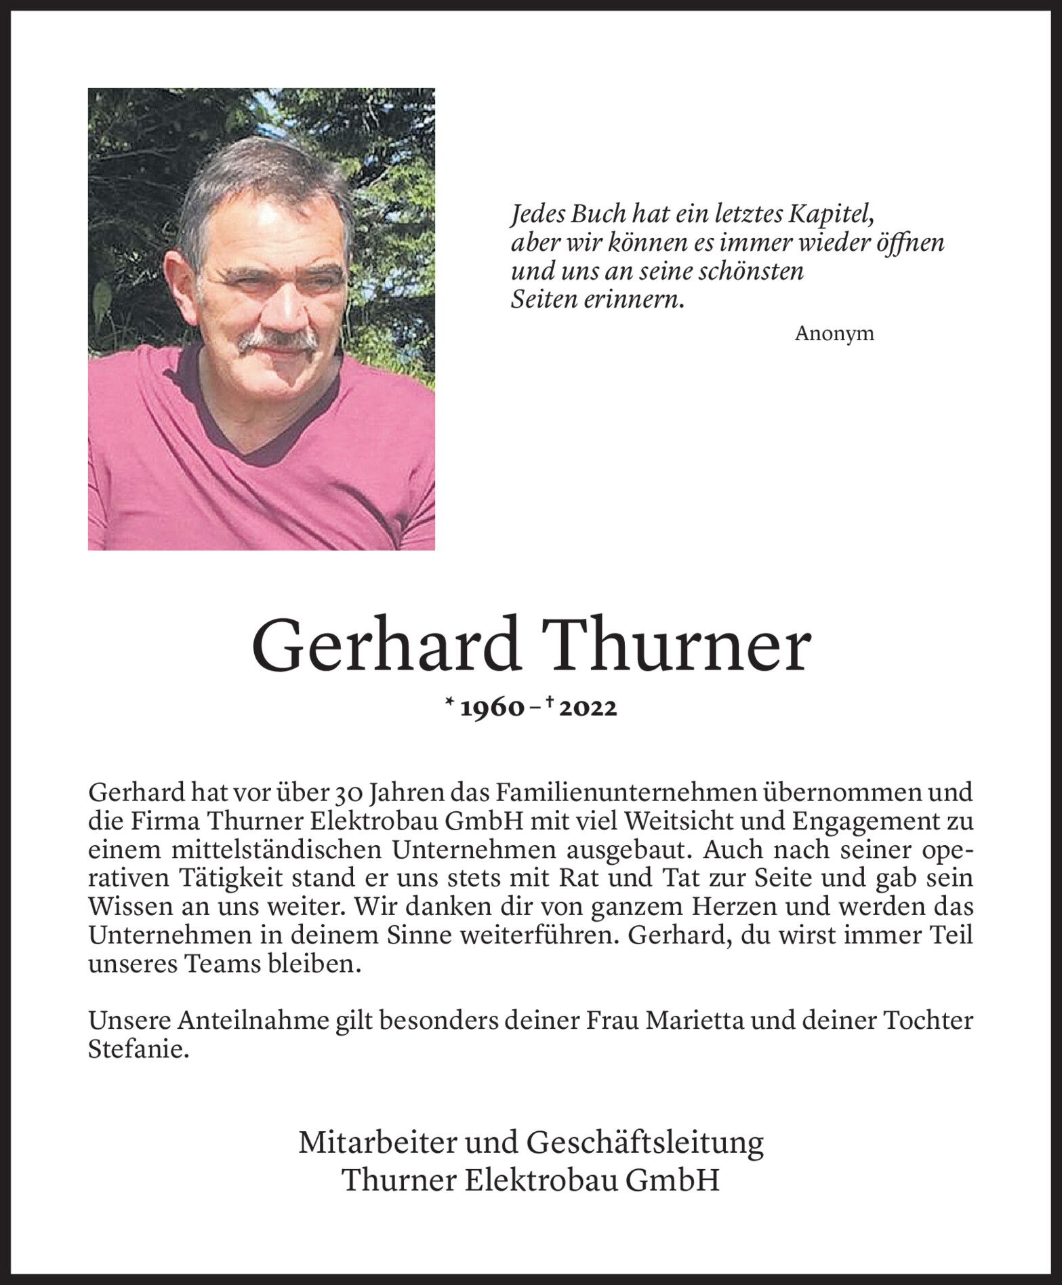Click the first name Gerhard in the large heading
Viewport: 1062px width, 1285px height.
(x=385, y=647)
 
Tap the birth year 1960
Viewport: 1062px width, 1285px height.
(x=493, y=708)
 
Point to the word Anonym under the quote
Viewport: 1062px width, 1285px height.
(x=834, y=333)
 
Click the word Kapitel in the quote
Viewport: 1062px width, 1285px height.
(x=829, y=215)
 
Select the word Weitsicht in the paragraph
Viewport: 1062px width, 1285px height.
(x=682, y=821)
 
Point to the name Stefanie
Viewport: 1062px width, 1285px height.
(x=137, y=1050)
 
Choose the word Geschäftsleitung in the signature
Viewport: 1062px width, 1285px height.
(x=645, y=1143)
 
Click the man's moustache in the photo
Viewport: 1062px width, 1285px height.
(x=278, y=341)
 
